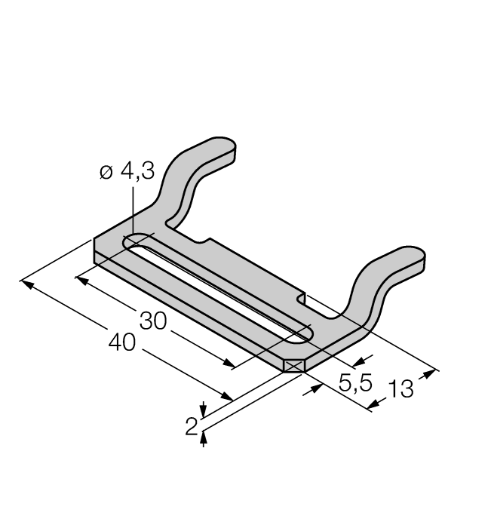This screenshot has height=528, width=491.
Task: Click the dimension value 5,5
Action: click(355, 383)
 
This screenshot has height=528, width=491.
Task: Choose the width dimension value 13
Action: click(400, 391)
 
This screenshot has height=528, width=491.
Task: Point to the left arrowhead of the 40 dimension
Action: click(26, 283)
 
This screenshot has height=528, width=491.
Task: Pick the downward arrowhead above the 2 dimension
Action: click(203, 410)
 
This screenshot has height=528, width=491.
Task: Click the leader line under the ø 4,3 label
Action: click(133, 211)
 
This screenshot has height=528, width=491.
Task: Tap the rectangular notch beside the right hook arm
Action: click(303, 299)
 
